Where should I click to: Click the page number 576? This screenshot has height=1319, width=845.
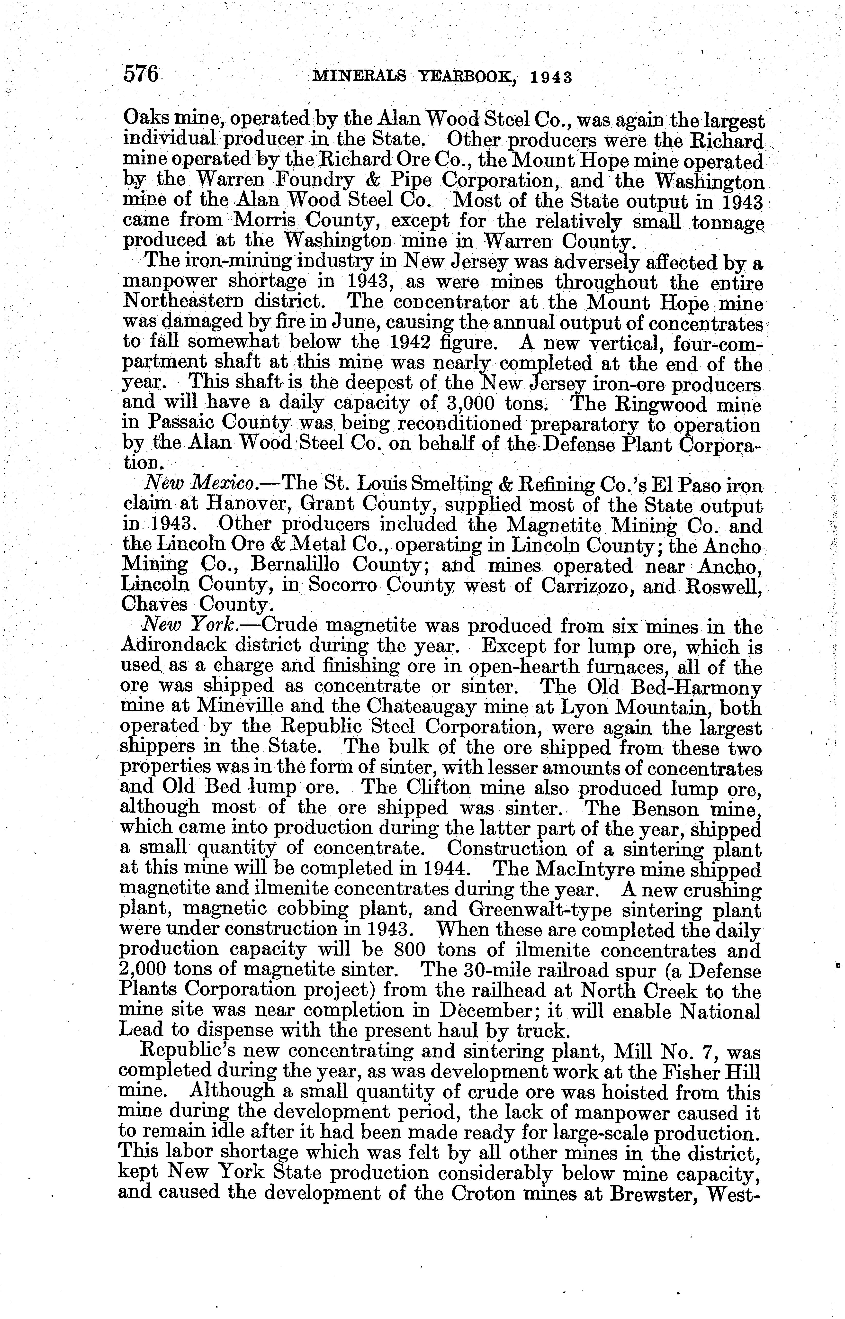(x=141, y=73)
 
